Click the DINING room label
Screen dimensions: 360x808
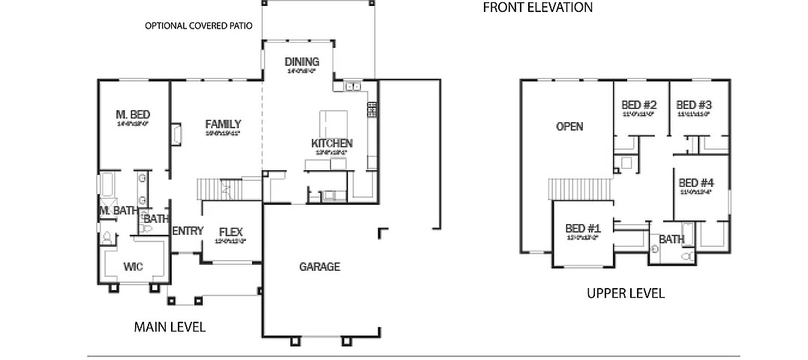tap(302, 61)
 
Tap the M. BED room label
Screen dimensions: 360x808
tap(134, 114)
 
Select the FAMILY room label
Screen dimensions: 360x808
tap(223, 124)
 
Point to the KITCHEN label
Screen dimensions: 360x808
tap(332, 142)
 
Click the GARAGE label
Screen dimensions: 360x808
tap(320, 266)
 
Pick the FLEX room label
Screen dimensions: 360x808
tap(231, 232)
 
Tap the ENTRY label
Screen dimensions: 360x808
tap(188, 231)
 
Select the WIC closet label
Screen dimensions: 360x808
tap(134, 266)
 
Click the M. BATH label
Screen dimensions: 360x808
tap(118, 211)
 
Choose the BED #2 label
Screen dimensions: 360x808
tap(639, 105)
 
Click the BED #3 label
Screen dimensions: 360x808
tap(694, 105)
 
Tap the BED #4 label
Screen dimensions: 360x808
tap(696, 182)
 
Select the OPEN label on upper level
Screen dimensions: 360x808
tap(569, 126)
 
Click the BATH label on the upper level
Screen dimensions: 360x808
tap(671, 240)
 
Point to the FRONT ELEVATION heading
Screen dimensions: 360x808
tap(538, 7)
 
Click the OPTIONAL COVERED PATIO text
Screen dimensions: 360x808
tap(199, 26)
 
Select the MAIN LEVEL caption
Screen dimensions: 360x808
tap(170, 327)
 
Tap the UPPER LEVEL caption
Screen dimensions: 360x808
tap(626, 293)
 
